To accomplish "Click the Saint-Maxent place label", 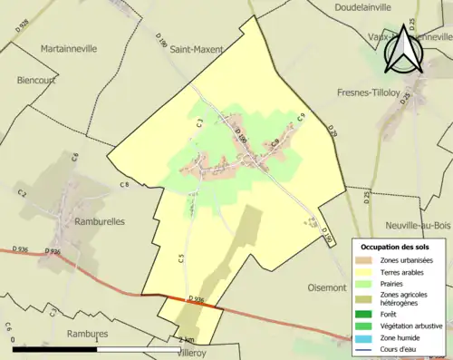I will tap(197, 50).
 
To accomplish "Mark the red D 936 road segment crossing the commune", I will tap(192, 302).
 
